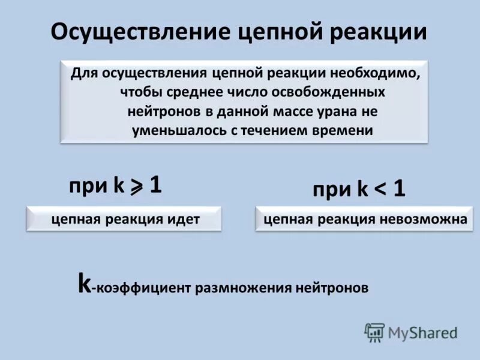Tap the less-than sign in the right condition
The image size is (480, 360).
click(380, 190)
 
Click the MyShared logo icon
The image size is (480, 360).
click(374, 332)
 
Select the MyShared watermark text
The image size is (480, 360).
click(422, 332)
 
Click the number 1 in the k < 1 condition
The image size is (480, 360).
click(399, 190)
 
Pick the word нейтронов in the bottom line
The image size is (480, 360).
click(332, 288)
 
